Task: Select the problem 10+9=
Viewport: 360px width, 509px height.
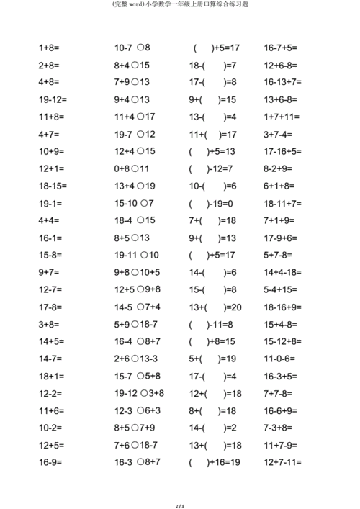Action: tap(51, 151)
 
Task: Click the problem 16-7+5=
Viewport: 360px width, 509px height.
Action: tap(281, 48)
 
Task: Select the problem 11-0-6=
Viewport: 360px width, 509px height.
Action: tap(281, 359)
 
